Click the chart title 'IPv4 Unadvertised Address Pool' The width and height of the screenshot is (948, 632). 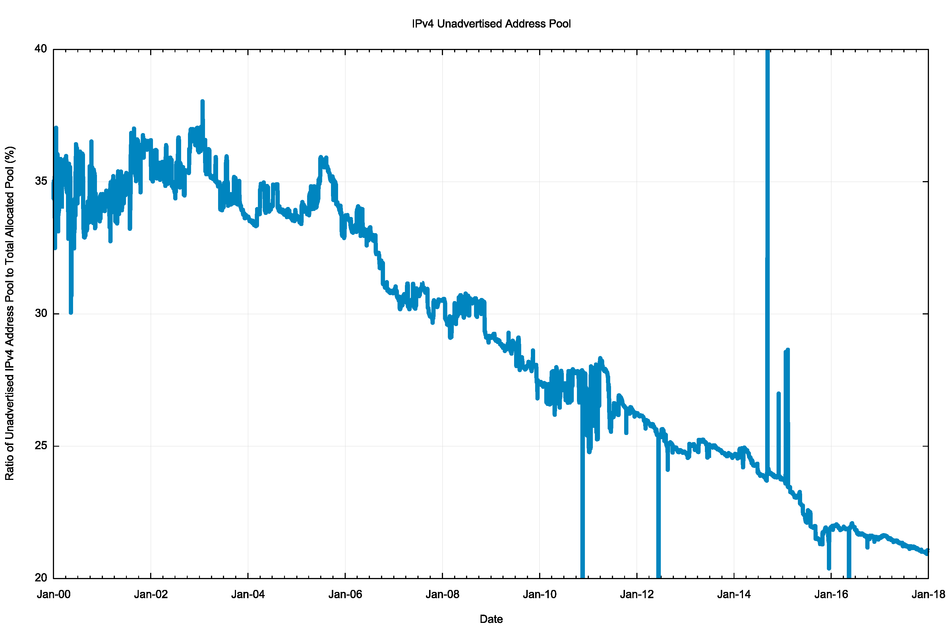click(x=491, y=24)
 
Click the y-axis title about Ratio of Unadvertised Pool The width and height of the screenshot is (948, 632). click(x=10, y=313)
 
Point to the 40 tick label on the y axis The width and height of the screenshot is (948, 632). click(x=41, y=49)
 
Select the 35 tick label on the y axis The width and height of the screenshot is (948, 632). click(x=41, y=181)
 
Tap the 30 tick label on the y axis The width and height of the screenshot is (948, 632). click(x=41, y=313)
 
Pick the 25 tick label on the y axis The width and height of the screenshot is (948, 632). click(x=41, y=445)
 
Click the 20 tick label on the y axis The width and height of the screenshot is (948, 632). click(x=41, y=578)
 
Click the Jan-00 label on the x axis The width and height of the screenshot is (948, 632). click(x=54, y=594)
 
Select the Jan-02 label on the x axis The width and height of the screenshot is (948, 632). click(x=151, y=594)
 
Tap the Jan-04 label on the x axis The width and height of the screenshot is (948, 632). click(x=248, y=594)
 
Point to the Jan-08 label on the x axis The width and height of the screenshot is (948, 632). click(x=442, y=594)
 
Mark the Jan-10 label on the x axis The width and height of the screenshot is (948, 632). click(x=539, y=594)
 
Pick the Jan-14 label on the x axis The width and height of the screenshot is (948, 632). click(x=734, y=594)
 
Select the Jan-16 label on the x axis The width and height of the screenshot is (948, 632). click(x=831, y=594)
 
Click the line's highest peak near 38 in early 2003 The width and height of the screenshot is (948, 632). click(x=202, y=102)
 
